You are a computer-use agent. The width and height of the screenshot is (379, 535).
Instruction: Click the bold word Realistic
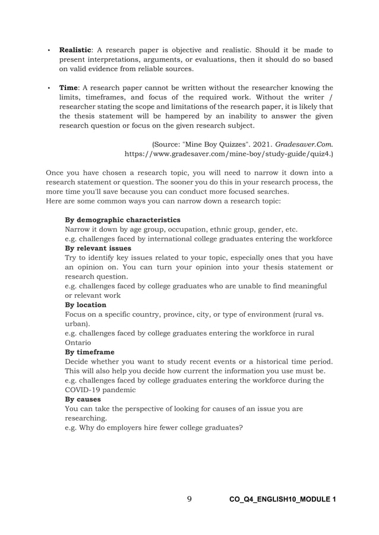pyautogui.click(x=75, y=50)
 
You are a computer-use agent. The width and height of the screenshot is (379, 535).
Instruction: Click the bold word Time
pyautogui.click(x=68, y=88)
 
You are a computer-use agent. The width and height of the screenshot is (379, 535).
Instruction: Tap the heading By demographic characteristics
pyautogui.click(x=122, y=219)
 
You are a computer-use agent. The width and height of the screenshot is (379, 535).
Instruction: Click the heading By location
pyautogui.click(x=85, y=304)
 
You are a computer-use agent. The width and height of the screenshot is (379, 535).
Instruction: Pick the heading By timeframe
pyautogui.click(x=89, y=352)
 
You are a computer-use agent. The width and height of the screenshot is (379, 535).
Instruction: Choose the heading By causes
pyautogui.click(x=83, y=399)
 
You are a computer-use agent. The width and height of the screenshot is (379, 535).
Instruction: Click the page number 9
pyautogui.click(x=189, y=499)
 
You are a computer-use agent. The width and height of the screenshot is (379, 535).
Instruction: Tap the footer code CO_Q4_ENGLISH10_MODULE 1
pyautogui.click(x=282, y=499)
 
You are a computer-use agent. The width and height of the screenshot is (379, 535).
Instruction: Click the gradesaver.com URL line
pyautogui.click(x=228, y=153)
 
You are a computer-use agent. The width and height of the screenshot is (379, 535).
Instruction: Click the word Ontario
pyautogui.click(x=77, y=342)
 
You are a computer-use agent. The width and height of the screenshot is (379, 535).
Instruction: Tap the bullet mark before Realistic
pyautogui.click(x=48, y=50)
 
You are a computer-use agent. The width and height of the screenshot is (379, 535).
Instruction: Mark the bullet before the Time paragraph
pyautogui.click(x=48, y=88)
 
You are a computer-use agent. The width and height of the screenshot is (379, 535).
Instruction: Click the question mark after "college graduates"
pyautogui.click(x=241, y=428)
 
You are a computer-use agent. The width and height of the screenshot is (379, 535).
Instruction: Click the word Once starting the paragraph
pyautogui.click(x=56, y=173)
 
